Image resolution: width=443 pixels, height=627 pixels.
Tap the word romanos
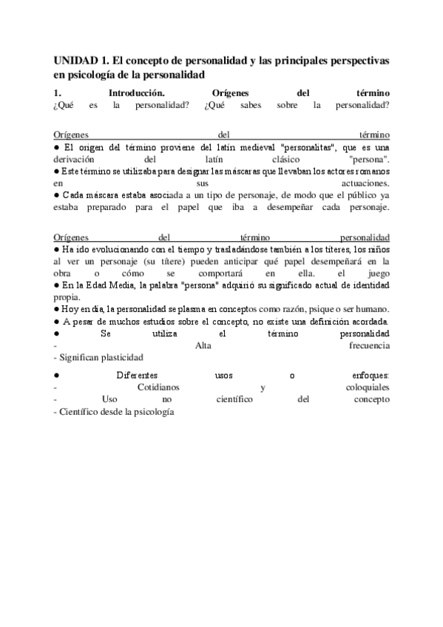tap(367, 171)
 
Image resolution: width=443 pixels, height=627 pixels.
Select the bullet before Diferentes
tap(57, 376)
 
